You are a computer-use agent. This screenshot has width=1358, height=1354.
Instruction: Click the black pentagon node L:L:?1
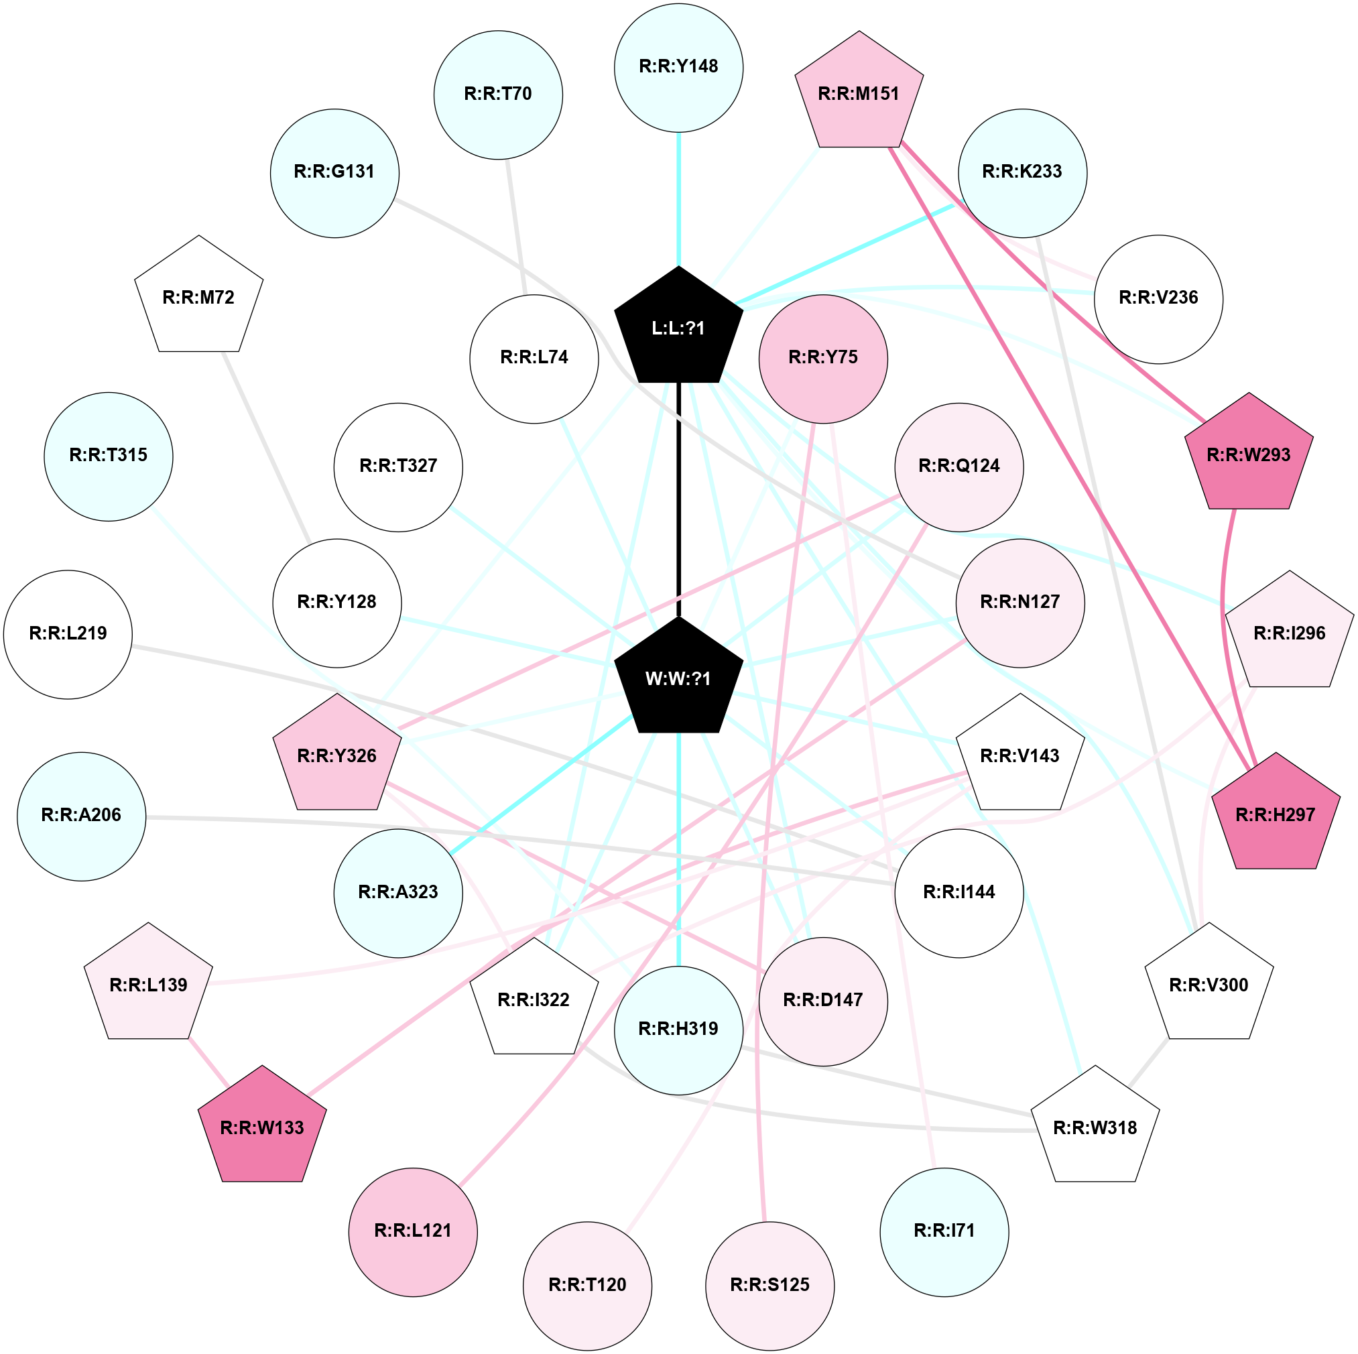click(x=678, y=328)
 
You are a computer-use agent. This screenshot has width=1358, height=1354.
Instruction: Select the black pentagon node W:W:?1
click(x=678, y=678)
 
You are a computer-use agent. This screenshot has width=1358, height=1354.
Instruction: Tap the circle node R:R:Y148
click(x=678, y=68)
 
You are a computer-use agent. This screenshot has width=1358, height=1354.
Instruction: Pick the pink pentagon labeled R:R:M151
click(x=858, y=93)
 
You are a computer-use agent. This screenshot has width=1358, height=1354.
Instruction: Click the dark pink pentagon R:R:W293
click(x=1248, y=455)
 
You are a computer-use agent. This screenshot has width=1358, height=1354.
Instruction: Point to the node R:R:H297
click(x=1275, y=815)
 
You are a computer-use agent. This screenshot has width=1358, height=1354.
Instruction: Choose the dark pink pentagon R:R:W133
click(x=262, y=1127)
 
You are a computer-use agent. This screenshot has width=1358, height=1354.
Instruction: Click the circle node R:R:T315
click(x=108, y=456)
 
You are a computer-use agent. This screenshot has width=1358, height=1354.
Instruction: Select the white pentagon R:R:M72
click(x=199, y=298)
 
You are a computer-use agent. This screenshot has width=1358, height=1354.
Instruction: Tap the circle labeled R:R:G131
click(x=334, y=172)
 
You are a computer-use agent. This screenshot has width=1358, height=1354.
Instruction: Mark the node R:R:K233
click(x=1022, y=172)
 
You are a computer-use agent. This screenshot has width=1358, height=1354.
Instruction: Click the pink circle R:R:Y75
click(x=823, y=358)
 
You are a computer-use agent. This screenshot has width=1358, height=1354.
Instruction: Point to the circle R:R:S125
click(x=769, y=1285)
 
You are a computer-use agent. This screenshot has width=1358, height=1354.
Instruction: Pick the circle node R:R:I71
click(x=944, y=1231)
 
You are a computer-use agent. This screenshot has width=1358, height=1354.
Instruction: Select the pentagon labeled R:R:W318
click(x=1095, y=1127)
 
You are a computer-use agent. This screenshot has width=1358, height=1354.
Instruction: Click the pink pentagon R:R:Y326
click(x=336, y=755)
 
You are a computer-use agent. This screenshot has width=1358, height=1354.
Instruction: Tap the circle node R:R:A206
click(x=82, y=816)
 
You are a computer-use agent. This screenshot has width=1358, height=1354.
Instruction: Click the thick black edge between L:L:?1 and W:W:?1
click(x=678, y=499)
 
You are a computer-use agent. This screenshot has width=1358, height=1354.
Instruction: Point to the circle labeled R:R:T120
click(x=587, y=1285)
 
